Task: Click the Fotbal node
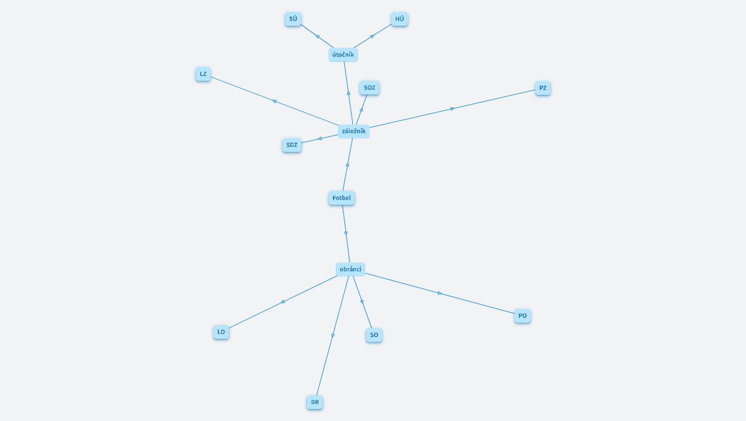pos(341,198)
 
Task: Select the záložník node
pos(354,131)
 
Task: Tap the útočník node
pos(343,55)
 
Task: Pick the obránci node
pos(351,269)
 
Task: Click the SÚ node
pos(293,19)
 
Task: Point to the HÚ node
pos(400,19)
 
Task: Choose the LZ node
pos(203,74)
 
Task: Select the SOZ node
pos(369,88)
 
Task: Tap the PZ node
pos(543,88)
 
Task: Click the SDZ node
pos(292,145)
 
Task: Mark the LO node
pos(221,332)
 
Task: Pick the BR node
pos(315,402)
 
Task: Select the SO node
pos(374,335)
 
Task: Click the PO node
pos(523,316)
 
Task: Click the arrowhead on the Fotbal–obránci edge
pos(346,234)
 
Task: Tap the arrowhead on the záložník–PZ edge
pos(452,109)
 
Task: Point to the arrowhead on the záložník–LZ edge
pos(274,101)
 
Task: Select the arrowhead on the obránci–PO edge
pos(440,293)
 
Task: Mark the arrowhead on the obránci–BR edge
pos(333,335)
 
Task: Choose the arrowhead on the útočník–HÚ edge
pos(372,36)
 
